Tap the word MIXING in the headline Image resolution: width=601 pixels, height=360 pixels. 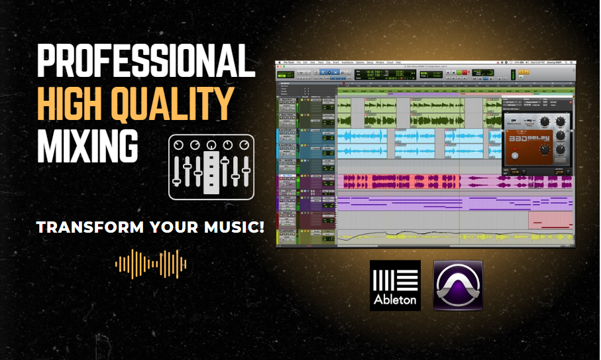click(87, 143)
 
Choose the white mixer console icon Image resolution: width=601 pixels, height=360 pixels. click(211, 166)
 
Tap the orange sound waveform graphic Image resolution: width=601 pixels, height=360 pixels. click(151, 264)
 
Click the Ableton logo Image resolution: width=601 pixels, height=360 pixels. click(395, 285)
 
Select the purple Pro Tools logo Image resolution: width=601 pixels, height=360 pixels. click(458, 285)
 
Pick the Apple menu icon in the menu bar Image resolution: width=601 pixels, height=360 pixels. click(280, 63)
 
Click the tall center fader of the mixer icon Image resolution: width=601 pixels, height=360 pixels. click(211, 172)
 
